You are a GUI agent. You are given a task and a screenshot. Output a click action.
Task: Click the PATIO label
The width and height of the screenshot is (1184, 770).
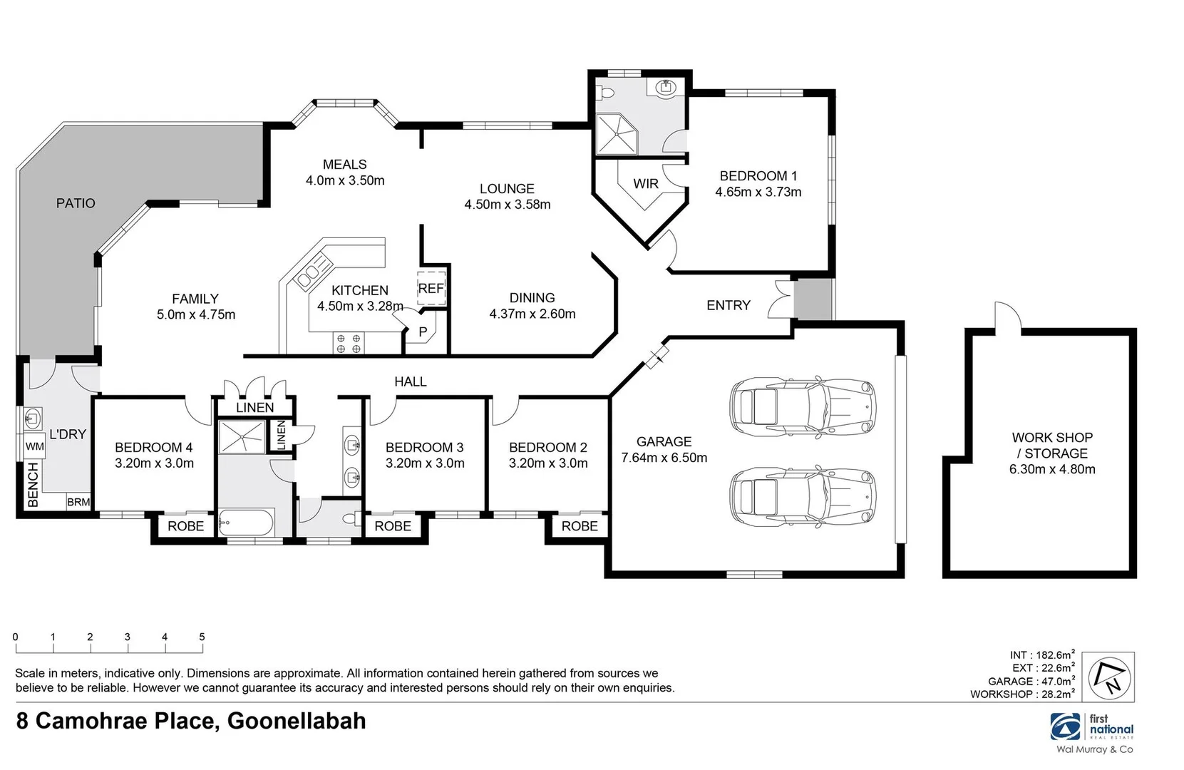coord(76,203)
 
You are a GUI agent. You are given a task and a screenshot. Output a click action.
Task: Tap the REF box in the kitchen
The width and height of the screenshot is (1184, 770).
coord(431,288)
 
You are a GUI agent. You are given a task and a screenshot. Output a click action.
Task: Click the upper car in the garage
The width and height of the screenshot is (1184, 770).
coord(802,408)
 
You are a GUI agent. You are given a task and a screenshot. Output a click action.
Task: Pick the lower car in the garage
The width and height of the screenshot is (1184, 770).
coord(802,496)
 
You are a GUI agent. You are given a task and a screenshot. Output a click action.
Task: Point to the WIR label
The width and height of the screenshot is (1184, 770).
coord(646,184)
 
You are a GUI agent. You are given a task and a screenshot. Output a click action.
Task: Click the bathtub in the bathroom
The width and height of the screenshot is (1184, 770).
coord(246,524)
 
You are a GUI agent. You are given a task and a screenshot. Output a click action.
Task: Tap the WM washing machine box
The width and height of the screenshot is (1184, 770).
coord(35,447)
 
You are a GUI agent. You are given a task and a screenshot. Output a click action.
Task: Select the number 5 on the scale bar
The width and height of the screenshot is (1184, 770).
coord(202,637)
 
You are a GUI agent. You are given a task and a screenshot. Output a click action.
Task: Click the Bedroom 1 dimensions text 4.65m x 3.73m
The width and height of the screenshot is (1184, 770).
coord(758,192)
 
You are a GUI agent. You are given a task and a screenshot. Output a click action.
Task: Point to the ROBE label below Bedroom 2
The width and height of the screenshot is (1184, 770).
coord(580,526)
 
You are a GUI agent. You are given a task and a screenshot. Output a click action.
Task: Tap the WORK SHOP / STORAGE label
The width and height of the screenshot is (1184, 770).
coord(1052,446)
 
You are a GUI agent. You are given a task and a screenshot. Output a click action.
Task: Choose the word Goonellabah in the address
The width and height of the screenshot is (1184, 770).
coord(296,721)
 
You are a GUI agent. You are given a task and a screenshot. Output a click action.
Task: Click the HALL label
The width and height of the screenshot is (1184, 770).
coord(411,382)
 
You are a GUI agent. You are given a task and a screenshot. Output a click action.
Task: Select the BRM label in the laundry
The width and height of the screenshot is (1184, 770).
coord(78,502)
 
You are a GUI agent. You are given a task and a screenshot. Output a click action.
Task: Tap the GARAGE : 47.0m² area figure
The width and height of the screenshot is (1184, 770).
coord(1031,681)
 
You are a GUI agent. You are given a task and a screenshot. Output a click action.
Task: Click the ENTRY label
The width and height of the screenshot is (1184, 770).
coord(728,305)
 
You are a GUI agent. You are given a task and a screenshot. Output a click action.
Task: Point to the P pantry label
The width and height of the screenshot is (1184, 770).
coord(423,332)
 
